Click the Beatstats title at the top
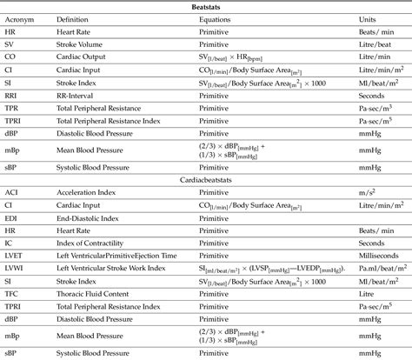point(206,6)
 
